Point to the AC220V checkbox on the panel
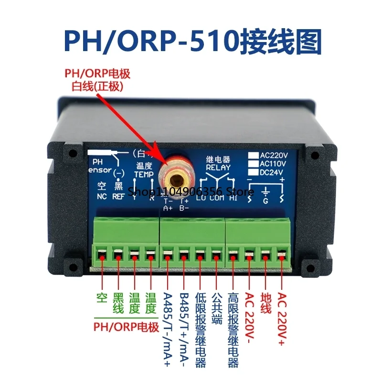point(253,155)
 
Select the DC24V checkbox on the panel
point(253,172)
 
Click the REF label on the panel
point(118,196)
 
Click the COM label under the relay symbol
point(217,196)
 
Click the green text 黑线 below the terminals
point(117,302)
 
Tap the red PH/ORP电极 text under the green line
point(125,327)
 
